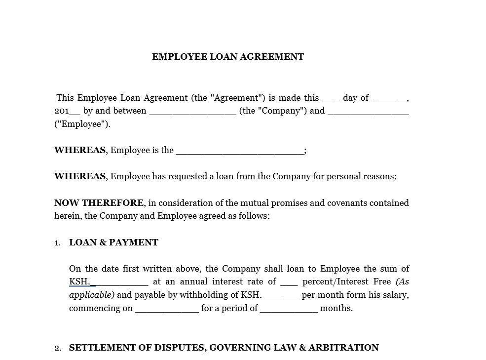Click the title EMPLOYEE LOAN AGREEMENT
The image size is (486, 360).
tap(228, 57)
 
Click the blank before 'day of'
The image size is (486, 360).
tap(331, 99)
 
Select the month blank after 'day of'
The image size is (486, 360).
tap(389, 99)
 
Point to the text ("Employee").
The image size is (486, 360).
tap(82, 124)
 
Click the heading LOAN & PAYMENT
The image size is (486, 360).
tap(113, 242)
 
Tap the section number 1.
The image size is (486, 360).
tap(57, 243)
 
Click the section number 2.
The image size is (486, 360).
tap(58, 348)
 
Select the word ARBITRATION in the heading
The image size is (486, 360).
tap(343, 348)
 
